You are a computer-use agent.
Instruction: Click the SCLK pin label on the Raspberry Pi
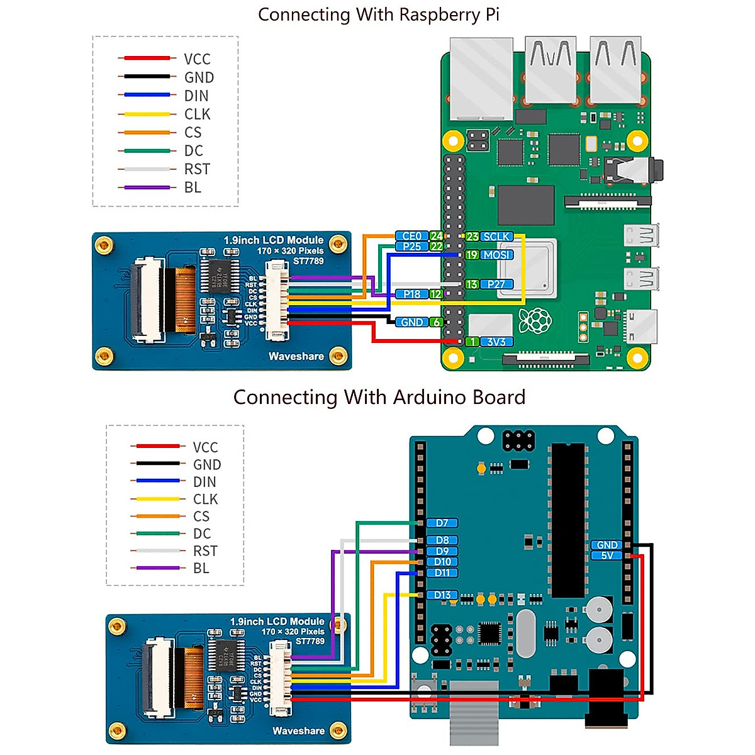point(496,237)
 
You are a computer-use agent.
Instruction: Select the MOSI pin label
point(496,255)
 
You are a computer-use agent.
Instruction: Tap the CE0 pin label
point(411,236)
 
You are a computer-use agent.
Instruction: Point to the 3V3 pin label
point(496,342)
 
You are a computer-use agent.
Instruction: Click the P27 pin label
point(496,284)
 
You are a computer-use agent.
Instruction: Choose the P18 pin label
point(411,294)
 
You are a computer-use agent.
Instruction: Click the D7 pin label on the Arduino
point(442,523)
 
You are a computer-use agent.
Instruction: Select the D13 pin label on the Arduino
point(442,595)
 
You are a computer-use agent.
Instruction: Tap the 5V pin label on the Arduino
point(607,556)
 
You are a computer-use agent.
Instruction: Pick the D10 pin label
point(442,562)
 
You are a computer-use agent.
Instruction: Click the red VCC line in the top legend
point(147,58)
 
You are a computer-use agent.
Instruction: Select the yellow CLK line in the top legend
point(147,114)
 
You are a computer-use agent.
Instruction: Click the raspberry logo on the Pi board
point(535,321)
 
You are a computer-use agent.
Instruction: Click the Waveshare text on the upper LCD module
point(296,356)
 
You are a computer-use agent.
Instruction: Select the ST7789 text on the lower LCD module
point(310,641)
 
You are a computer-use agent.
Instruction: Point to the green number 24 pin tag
point(436,236)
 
